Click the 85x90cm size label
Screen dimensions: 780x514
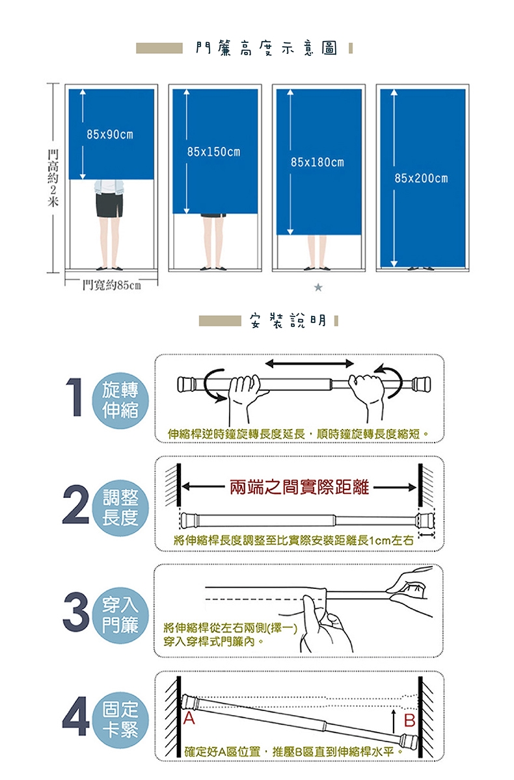tap(109, 135)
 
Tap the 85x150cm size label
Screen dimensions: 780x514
tap(213, 152)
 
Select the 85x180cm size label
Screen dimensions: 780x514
tap(317, 161)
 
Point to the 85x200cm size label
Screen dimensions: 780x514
tap(421, 178)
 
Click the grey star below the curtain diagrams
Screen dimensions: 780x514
tap(318, 286)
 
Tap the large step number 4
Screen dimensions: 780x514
tap(77, 718)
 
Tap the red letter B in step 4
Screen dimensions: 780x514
tap(409, 720)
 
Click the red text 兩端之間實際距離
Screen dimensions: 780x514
tap(299, 487)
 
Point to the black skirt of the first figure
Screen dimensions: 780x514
tap(108, 205)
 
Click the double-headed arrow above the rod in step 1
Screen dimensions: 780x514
tap(309, 363)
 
